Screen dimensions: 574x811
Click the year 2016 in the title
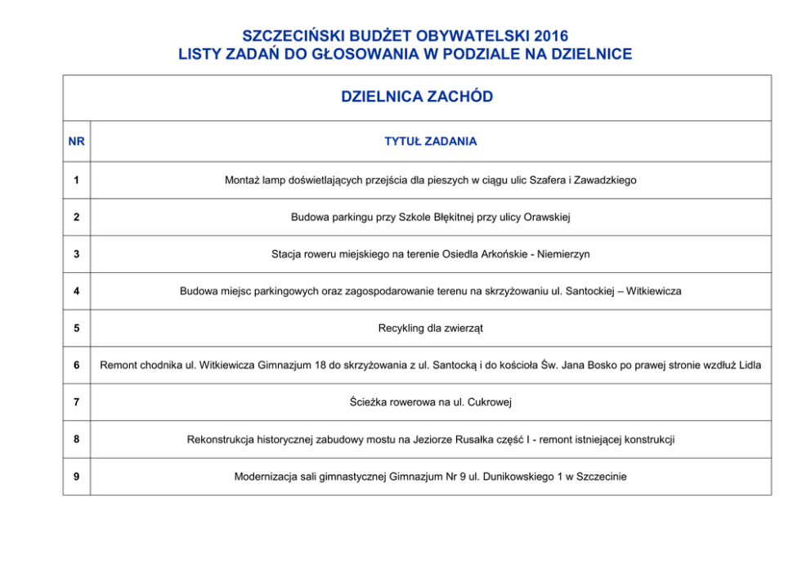coord(549,36)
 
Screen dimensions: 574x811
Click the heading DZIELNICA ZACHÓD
coord(417,97)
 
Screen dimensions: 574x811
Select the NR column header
coord(76,141)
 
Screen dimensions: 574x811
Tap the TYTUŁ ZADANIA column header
coord(430,141)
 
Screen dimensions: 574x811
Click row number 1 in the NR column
coord(76,180)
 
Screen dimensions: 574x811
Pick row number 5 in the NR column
coord(76,328)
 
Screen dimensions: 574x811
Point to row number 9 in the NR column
coord(76,477)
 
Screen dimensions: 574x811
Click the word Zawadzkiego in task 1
coord(605,180)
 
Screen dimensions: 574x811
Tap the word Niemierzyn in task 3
coord(564,254)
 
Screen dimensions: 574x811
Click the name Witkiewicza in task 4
coord(654,291)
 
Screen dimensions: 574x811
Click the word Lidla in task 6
coord(750,365)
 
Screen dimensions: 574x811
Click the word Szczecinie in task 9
coord(602,477)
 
